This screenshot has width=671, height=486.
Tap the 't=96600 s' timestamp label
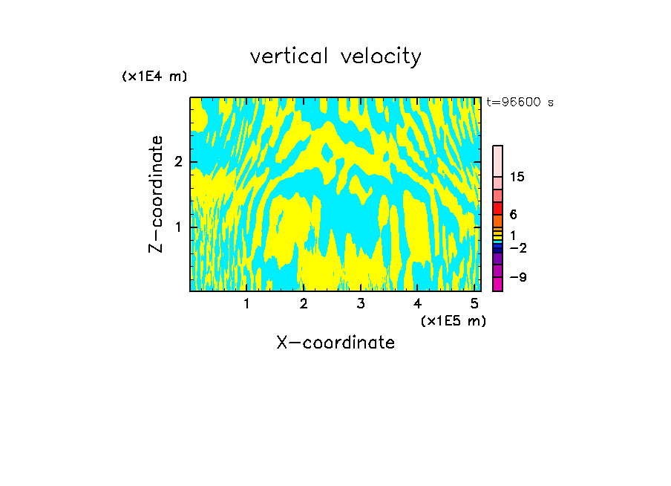520,103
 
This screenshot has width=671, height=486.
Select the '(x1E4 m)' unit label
154,77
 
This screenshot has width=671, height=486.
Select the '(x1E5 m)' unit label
453,320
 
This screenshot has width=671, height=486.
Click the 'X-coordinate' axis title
335,343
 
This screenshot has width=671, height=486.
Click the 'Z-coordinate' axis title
156,194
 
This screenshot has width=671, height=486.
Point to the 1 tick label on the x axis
246,304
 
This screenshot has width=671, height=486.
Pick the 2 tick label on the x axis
304,304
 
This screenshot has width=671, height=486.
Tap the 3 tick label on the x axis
361,304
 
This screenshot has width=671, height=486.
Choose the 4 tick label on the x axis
417,304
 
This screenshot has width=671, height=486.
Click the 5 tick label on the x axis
474,304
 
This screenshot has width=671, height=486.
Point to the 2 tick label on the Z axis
177,162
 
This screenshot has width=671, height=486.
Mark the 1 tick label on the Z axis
177,226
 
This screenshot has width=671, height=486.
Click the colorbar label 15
517,177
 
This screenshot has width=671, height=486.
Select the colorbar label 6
513,215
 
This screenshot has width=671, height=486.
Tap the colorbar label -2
517,248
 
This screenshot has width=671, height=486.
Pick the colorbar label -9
517,278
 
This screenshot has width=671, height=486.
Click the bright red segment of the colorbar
497,208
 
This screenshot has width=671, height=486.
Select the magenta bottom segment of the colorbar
497,284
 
